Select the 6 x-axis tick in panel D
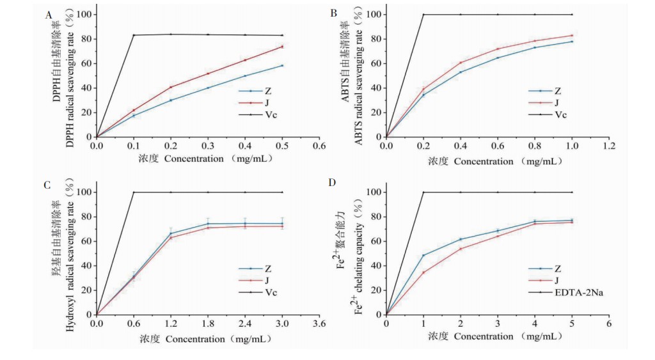coord(609,324)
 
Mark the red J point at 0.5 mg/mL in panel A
coord(282,47)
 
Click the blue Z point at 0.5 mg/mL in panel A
coord(282,65)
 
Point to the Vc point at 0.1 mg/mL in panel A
coord(133,35)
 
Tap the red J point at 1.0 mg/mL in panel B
coord(572,35)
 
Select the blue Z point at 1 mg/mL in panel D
coord(423,256)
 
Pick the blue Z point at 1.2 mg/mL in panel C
coord(170,233)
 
